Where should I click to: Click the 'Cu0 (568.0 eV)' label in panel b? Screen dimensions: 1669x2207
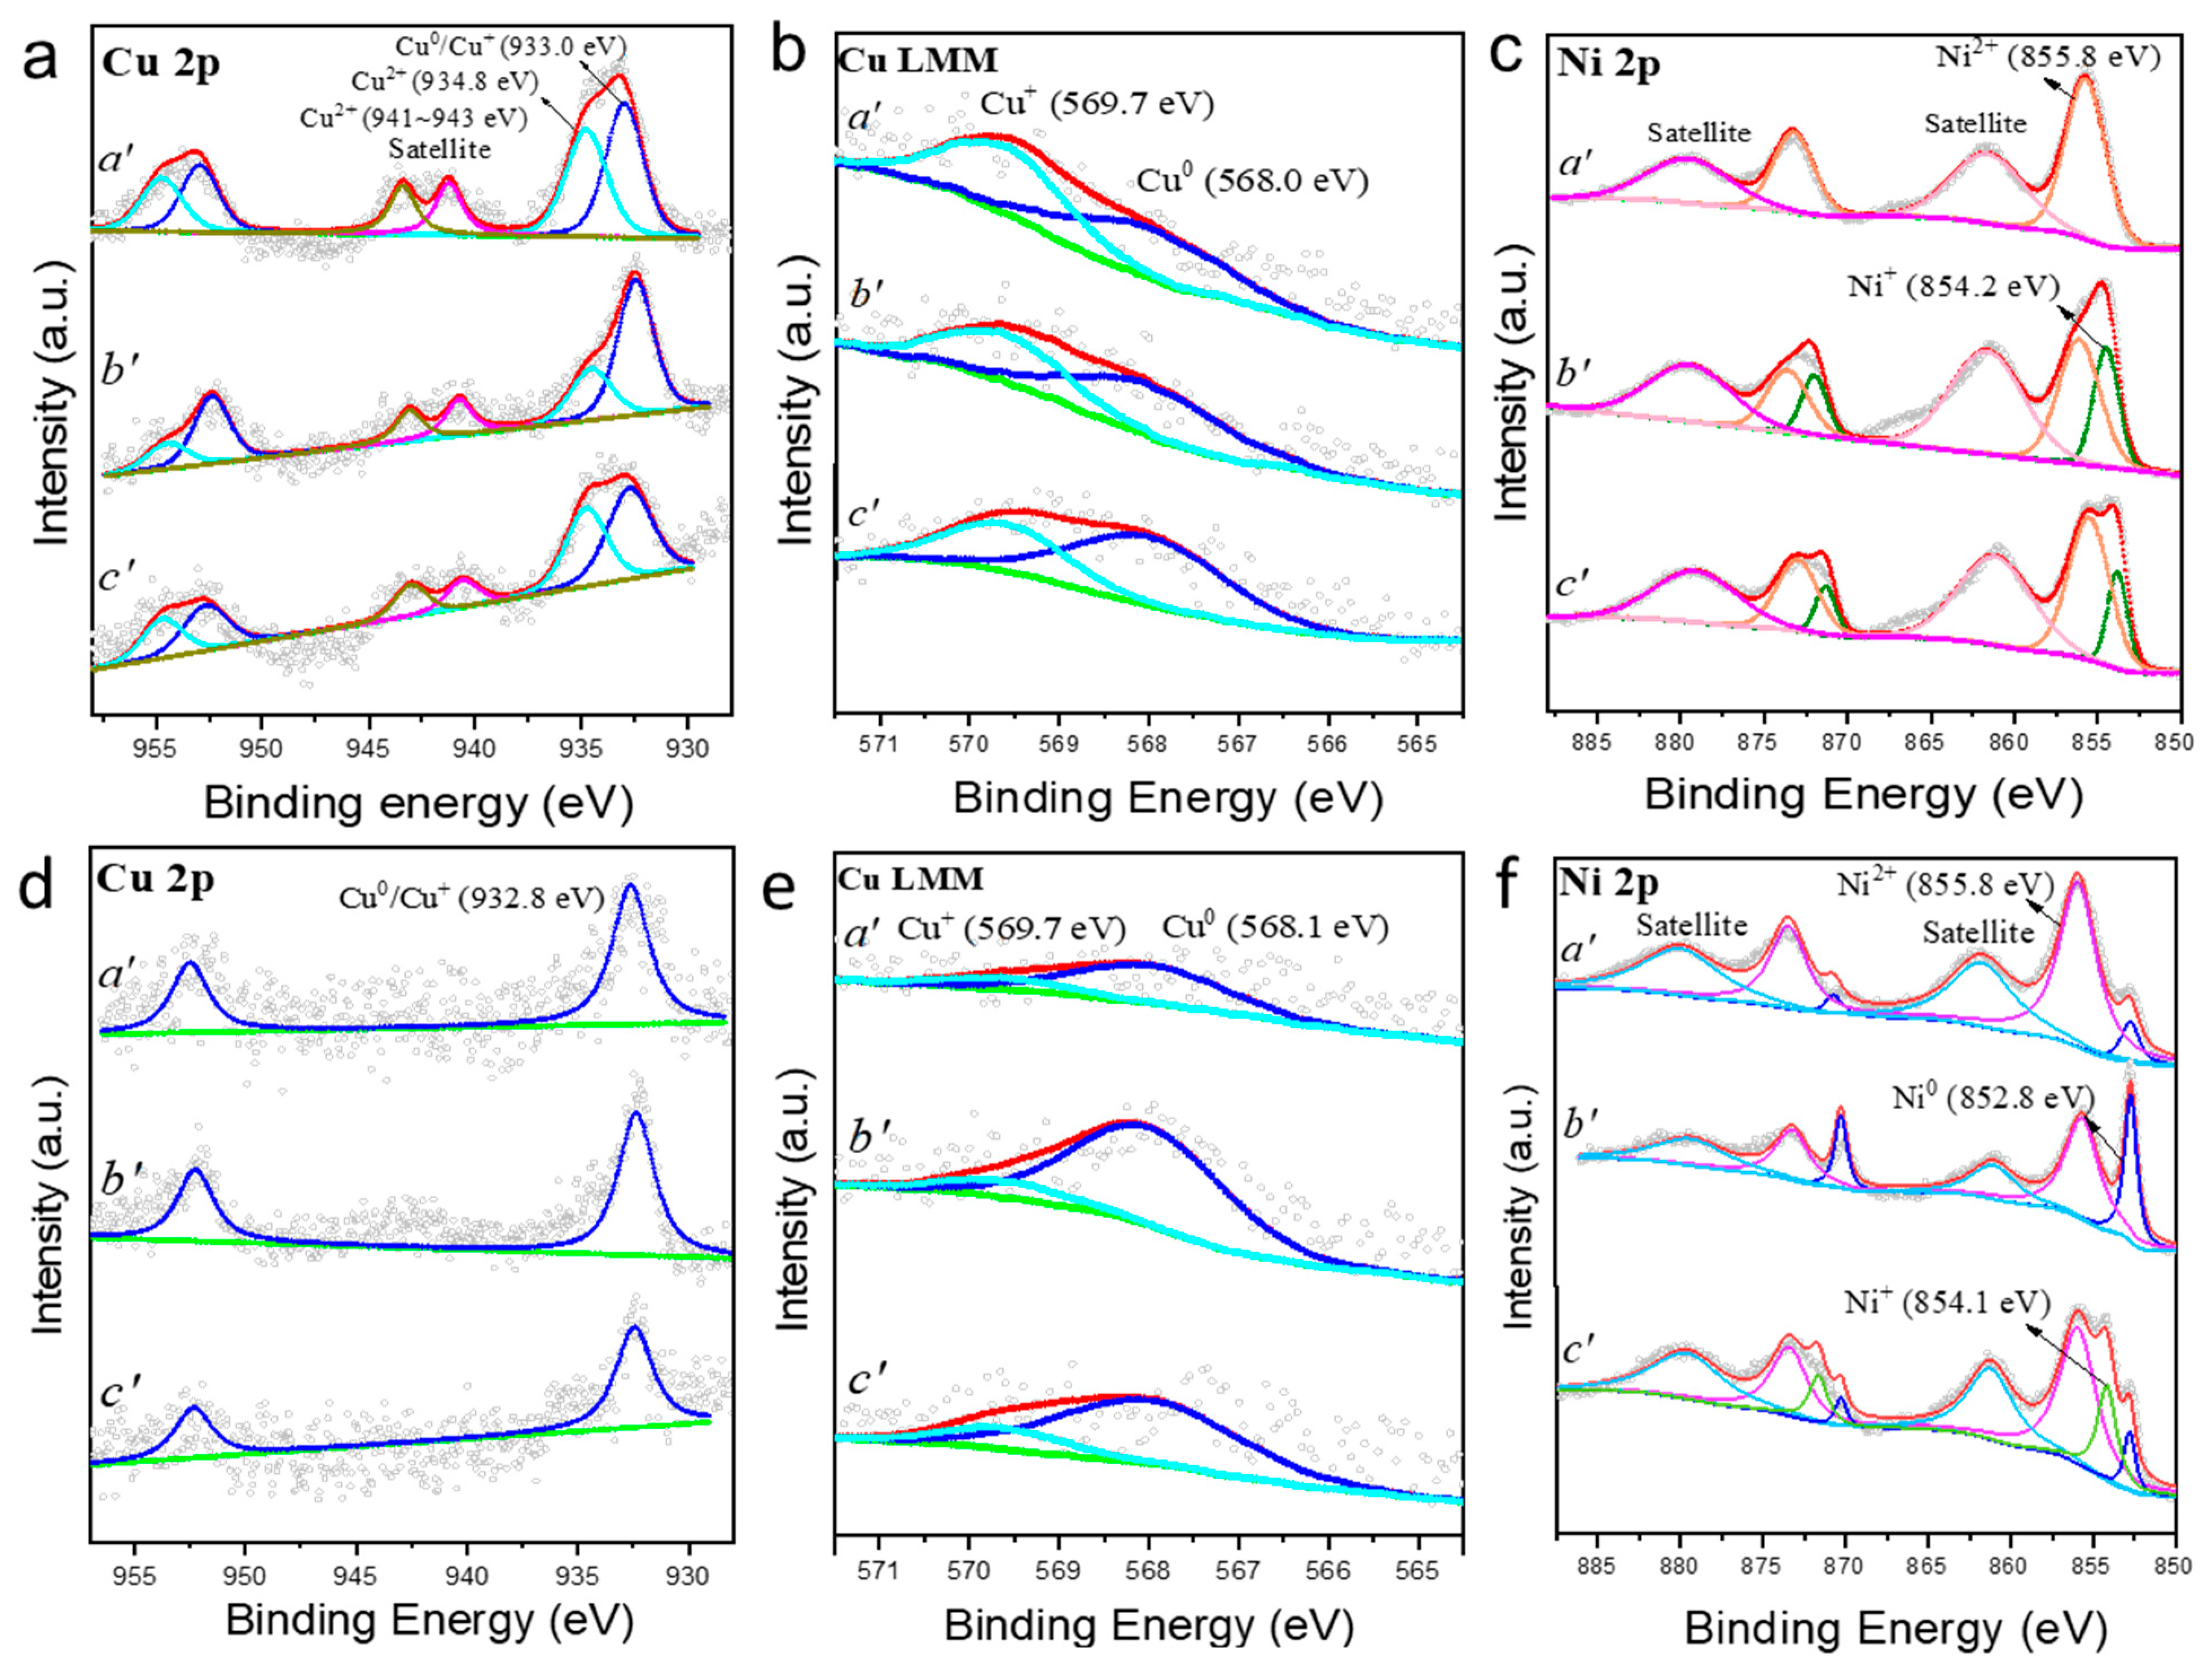click(1252, 181)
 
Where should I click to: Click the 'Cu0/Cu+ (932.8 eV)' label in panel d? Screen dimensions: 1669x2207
click(472, 897)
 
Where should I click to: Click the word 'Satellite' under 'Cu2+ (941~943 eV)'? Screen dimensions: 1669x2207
click(440, 150)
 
